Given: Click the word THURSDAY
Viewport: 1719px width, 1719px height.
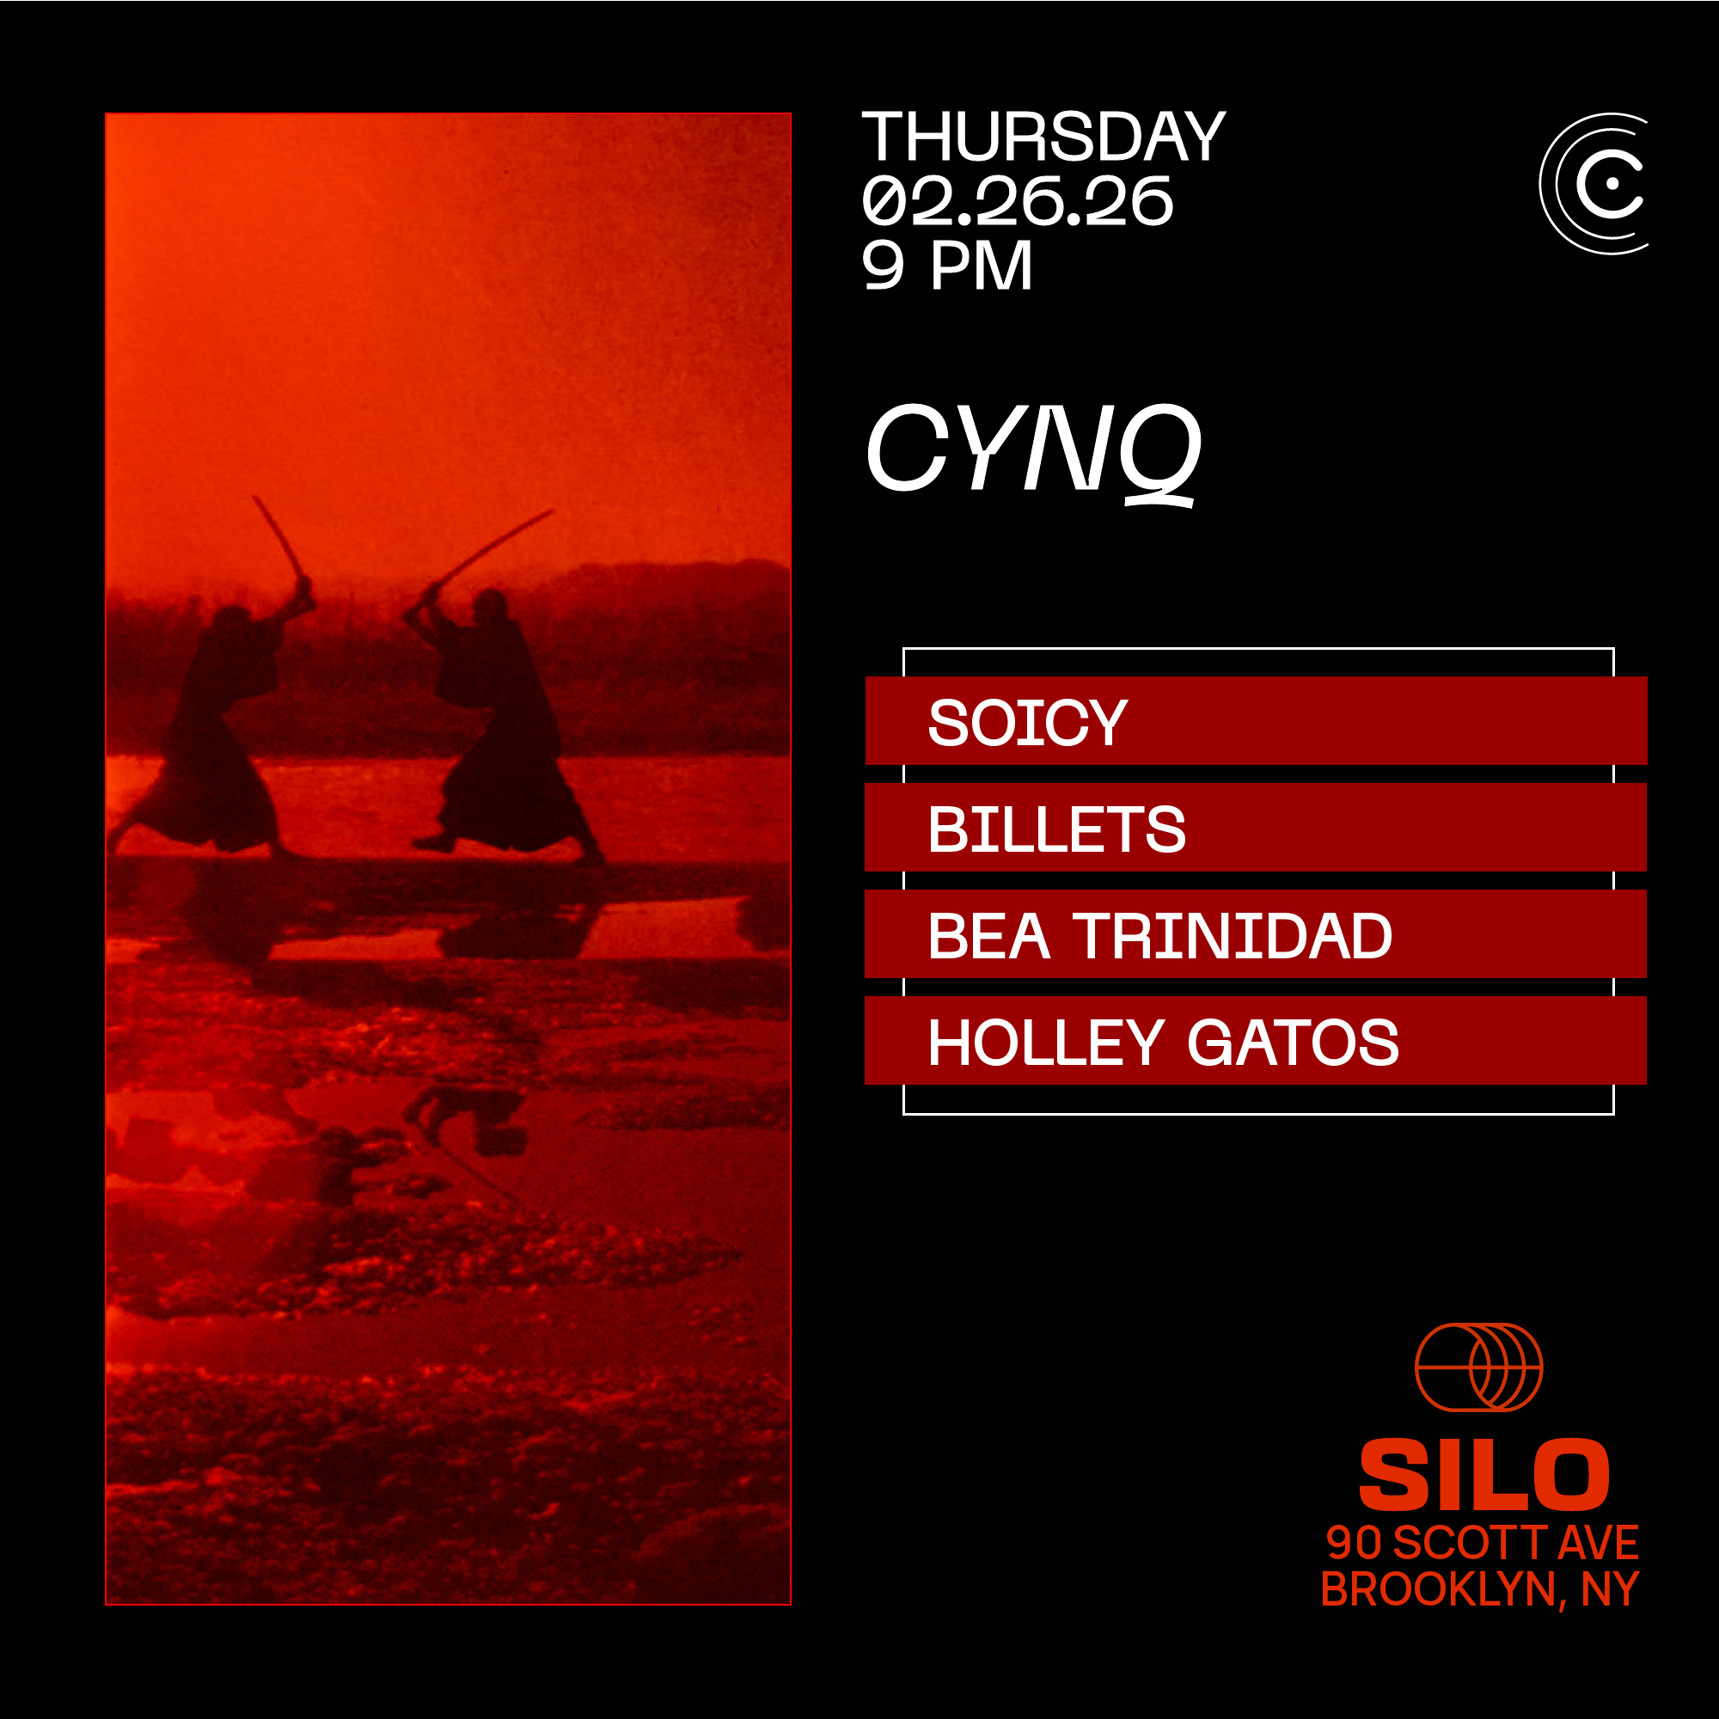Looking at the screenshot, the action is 1043,137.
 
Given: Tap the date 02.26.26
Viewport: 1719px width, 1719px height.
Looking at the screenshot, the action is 1018,201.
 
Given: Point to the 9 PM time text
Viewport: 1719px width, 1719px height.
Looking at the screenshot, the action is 946,265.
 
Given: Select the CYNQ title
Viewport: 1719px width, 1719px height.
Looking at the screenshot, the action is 1033,451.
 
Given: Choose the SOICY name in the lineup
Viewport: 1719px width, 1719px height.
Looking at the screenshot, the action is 1028,722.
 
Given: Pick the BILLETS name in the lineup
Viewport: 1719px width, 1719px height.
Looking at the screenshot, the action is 1056,829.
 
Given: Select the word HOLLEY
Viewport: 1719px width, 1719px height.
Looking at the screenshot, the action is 1045,1042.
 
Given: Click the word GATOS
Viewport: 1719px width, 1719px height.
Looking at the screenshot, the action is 1293,1042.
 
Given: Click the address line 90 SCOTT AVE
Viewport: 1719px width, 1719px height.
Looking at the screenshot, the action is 1483,1542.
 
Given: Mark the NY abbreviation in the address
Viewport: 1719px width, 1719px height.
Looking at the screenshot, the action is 1610,1590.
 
